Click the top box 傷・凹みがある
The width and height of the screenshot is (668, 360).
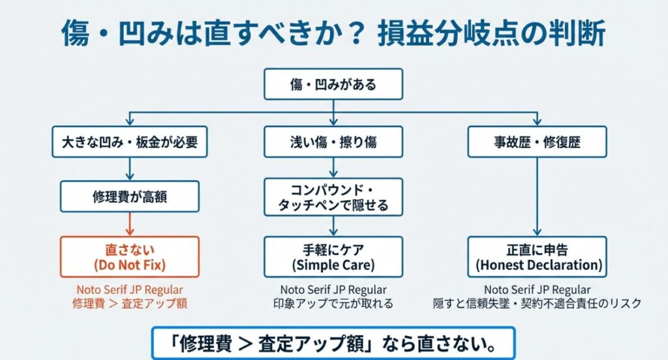(333, 84)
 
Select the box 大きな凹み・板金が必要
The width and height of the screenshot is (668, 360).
(129, 142)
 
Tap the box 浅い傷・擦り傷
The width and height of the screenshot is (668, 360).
(333, 142)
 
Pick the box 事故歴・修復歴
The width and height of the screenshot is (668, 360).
(537, 142)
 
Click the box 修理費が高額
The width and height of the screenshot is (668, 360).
(129, 196)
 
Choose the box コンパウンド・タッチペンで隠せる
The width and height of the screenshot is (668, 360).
(333, 197)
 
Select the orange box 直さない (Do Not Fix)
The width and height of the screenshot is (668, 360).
(129, 257)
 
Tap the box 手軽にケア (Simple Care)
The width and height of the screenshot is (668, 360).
(333, 257)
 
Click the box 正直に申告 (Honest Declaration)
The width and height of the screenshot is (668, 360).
(537, 257)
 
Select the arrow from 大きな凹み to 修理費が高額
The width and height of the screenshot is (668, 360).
(129, 169)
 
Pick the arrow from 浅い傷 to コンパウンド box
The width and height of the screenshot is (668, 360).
(333, 168)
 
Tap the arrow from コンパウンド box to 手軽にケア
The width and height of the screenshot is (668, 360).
(333, 226)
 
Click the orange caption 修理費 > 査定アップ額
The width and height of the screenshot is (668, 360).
(129, 303)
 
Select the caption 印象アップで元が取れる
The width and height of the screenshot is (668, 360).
(333, 303)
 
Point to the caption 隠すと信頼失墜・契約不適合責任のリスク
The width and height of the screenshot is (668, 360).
(537, 303)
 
